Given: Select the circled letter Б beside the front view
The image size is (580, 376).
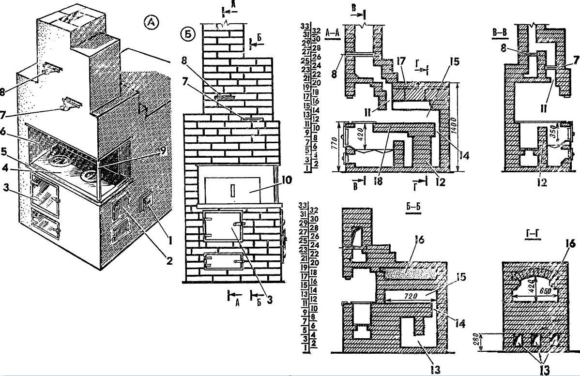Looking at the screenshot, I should coord(187,35).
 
